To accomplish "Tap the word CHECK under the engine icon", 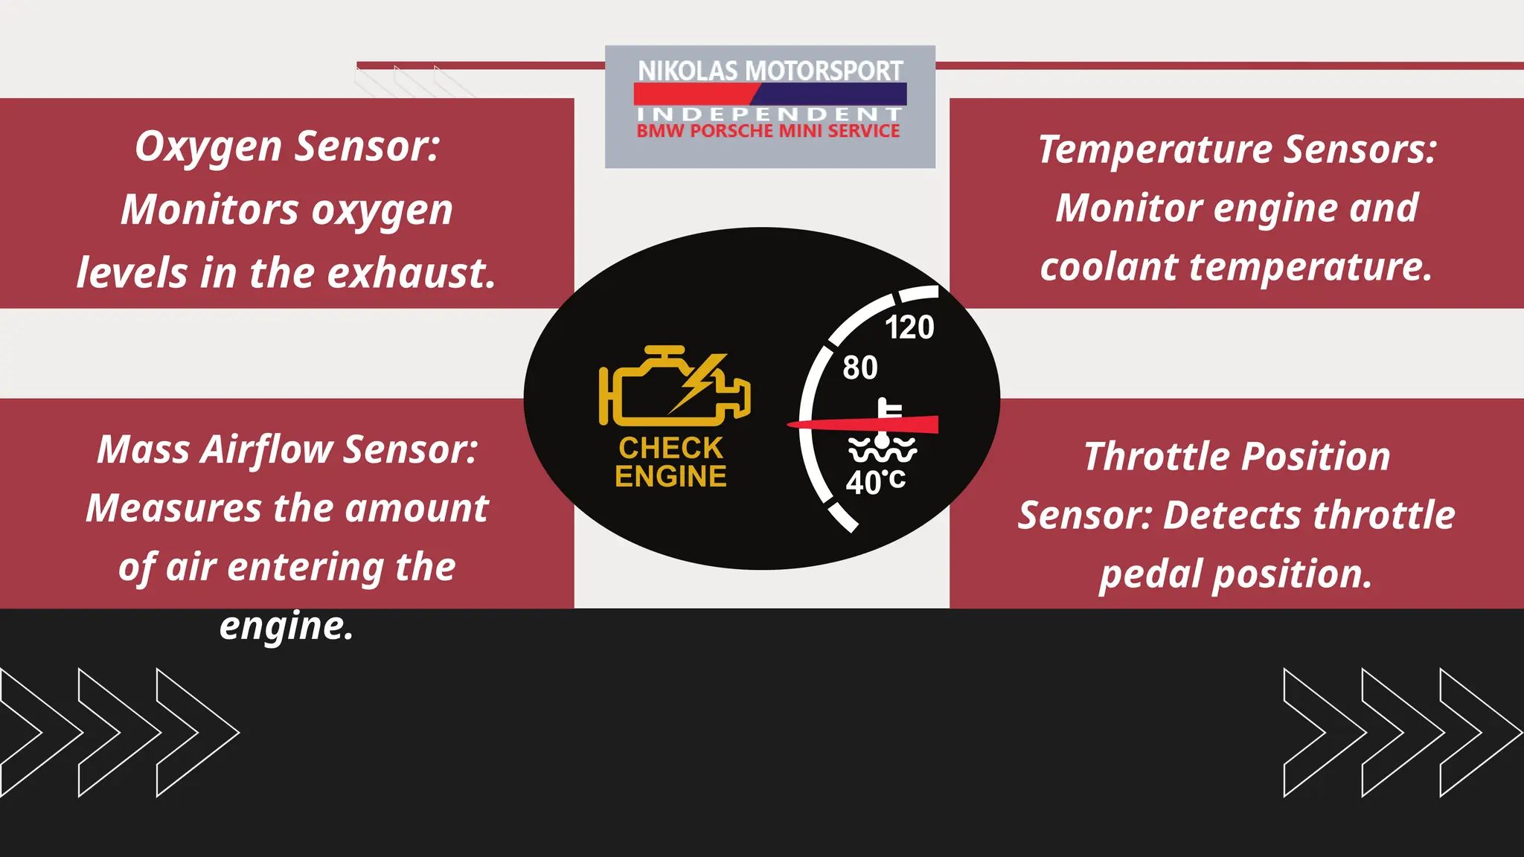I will point(670,448).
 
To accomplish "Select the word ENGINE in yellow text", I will point(670,476).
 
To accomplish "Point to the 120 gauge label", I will point(909,327).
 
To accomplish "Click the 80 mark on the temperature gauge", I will point(859,367).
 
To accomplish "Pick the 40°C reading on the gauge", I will point(876,482).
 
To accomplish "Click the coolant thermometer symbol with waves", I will point(883,435).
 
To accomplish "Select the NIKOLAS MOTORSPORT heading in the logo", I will point(770,71).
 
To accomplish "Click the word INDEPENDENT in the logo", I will point(770,114).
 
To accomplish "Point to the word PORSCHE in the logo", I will point(732,132).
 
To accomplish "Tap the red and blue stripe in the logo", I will point(770,94).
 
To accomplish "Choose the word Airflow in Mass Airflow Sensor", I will point(267,450).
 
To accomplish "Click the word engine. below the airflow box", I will point(286,626).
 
